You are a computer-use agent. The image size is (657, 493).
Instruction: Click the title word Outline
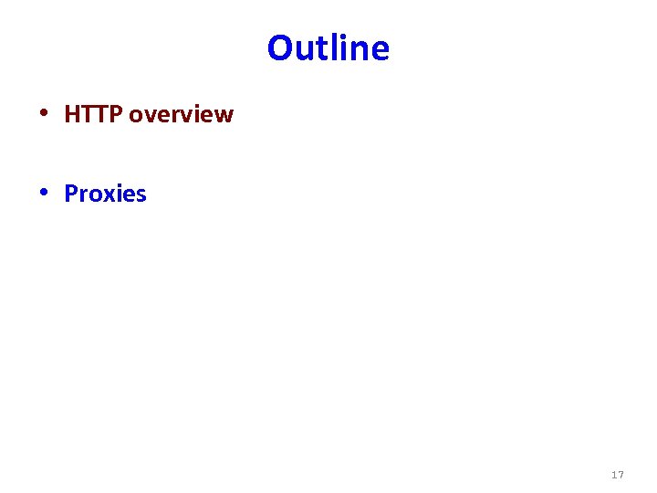(x=328, y=47)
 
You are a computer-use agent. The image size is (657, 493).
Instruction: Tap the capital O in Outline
(x=280, y=47)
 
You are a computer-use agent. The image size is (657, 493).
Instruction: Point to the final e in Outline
(x=381, y=50)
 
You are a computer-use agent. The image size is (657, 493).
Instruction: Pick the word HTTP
(x=94, y=114)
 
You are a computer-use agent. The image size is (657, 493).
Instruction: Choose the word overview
(x=182, y=115)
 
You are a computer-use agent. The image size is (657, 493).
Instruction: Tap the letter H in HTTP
(x=72, y=114)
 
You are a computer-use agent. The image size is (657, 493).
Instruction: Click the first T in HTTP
(x=88, y=114)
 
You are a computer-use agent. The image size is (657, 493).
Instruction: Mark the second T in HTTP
(x=101, y=114)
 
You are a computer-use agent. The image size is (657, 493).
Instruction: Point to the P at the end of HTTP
(x=116, y=114)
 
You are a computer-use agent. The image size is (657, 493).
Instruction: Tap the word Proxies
(x=105, y=194)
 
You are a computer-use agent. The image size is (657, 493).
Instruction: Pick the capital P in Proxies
(x=71, y=194)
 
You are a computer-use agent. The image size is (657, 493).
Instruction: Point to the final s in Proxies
(x=141, y=195)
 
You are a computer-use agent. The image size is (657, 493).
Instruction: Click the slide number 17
(x=618, y=475)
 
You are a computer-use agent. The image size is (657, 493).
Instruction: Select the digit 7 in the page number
(x=621, y=475)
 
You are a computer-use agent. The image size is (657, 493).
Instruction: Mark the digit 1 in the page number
(x=614, y=475)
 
